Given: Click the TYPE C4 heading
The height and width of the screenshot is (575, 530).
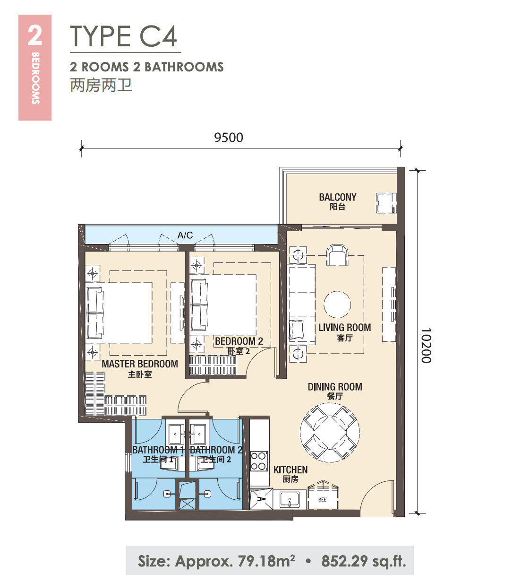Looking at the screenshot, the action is (x=123, y=36).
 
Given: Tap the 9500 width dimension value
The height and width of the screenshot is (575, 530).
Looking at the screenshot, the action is (x=229, y=138).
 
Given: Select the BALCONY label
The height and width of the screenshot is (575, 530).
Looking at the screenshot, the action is (x=338, y=197).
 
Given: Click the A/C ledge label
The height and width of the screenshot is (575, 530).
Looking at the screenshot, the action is (x=185, y=235).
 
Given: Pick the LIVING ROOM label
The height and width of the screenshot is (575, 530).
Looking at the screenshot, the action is (x=345, y=327).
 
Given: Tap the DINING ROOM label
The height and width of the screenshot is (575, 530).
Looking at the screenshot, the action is (x=335, y=387).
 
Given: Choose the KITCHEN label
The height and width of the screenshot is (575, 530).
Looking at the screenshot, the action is (x=291, y=470).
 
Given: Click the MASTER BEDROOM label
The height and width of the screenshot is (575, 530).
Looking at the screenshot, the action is (x=140, y=364).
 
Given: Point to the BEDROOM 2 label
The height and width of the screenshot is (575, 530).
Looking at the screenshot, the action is (x=239, y=341).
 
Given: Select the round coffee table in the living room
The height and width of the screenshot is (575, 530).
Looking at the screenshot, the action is (x=337, y=305).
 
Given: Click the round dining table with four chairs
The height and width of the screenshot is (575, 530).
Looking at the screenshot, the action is (x=330, y=433).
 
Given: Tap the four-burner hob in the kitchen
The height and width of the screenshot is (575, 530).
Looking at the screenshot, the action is (x=259, y=461).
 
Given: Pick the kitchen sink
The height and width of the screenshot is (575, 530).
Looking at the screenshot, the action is (x=290, y=499).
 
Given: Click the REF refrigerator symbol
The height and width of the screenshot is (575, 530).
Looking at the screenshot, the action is (x=323, y=498).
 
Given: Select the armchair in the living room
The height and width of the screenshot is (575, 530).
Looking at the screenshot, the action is (x=337, y=255).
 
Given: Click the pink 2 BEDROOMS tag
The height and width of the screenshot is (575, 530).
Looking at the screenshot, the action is (x=35, y=68).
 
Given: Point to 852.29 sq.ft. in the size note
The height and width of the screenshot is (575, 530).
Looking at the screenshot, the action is (x=364, y=561).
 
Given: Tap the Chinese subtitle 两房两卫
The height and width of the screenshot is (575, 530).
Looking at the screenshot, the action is (x=101, y=85).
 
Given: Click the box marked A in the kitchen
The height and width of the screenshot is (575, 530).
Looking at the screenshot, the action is (x=261, y=499).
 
